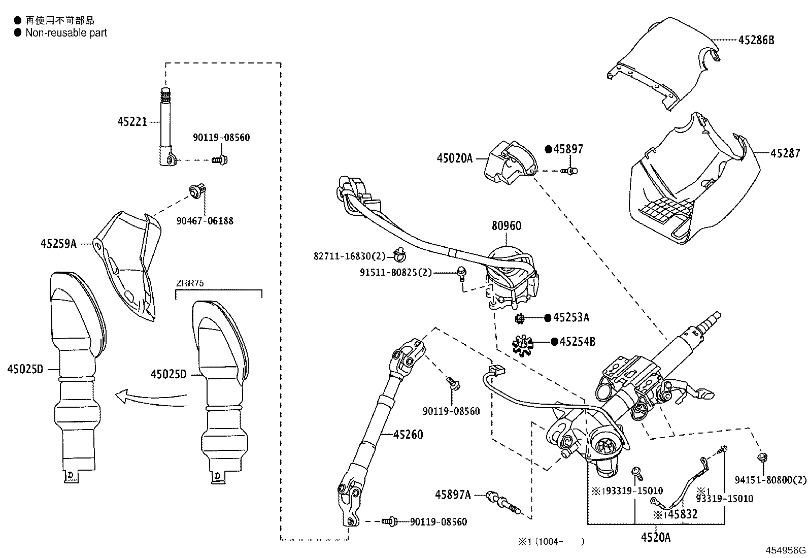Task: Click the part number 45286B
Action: click(x=756, y=40)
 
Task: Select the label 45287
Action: click(x=785, y=153)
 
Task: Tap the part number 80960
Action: click(x=506, y=225)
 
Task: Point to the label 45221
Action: click(x=132, y=121)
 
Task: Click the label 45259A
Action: click(x=58, y=244)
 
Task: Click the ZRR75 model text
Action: click(x=190, y=283)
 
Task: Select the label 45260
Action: click(x=408, y=435)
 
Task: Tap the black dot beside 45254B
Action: click(x=554, y=342)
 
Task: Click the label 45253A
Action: click(x=571, y=318)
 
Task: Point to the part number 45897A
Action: click(x=453, y=494)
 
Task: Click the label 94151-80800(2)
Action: click(x=770, y=479)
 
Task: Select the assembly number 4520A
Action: click(x=655, y=537)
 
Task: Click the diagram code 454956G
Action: click(x=786, y=550)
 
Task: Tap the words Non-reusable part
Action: click(x=66, y=33)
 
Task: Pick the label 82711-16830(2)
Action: click(x=350, y=256)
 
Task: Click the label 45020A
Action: click(x=454, y=158)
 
